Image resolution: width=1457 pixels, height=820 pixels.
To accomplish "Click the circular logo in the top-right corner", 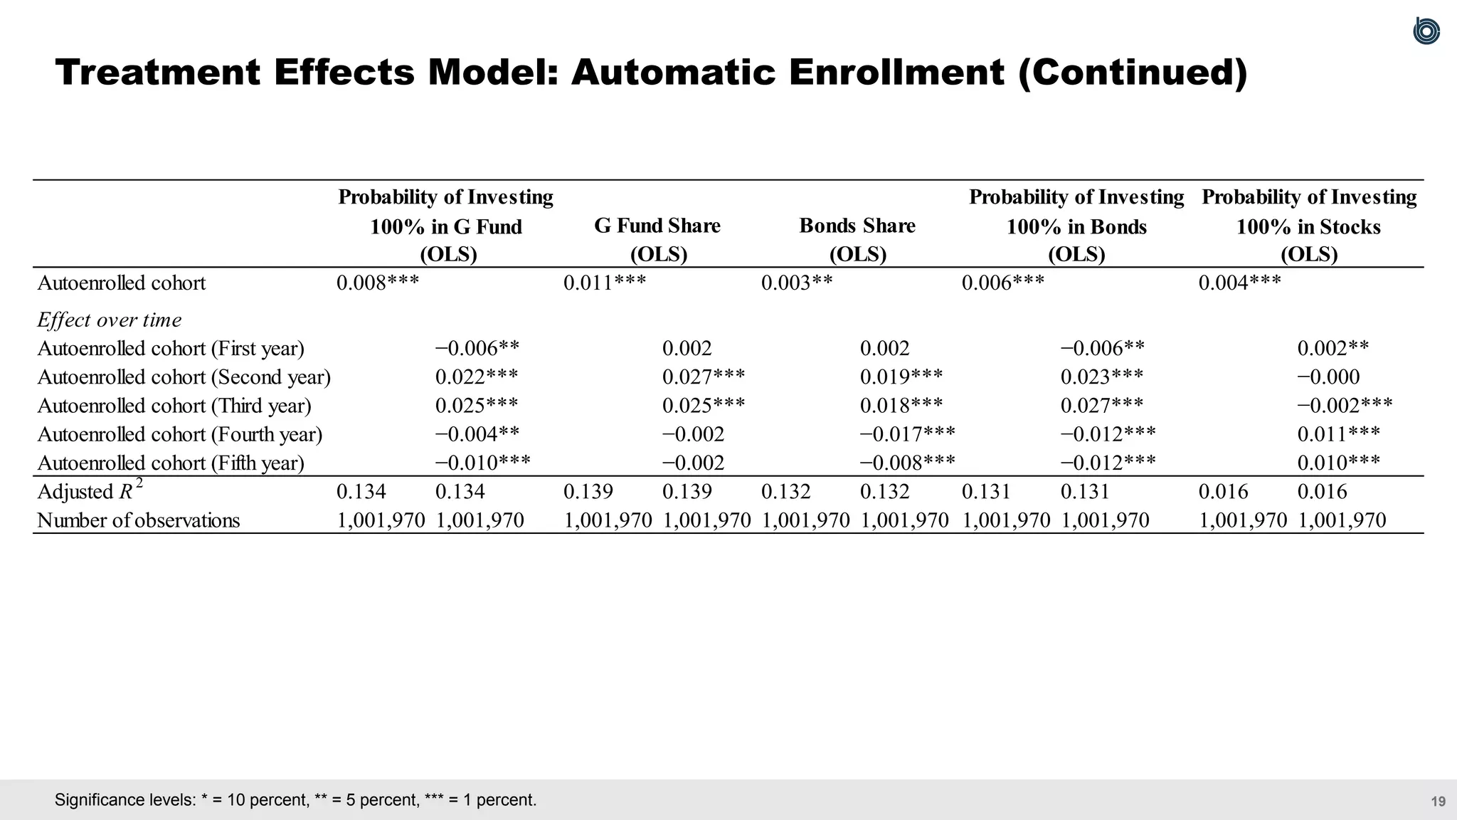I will click(x=1426, y=31).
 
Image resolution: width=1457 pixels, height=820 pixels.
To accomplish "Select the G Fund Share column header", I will click(x=657, y=226).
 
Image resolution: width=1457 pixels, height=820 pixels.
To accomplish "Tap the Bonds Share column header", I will click(x=857, y=226).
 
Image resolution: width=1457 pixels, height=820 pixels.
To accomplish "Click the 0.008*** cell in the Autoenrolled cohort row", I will click(x=378, y=283).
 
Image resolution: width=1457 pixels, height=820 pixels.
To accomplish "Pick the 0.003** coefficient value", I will click(x=797, y=283).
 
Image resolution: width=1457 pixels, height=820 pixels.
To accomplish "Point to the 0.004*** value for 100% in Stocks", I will click(x=1240, y=283).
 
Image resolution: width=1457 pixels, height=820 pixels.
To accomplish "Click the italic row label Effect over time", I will click(x=110, y=320).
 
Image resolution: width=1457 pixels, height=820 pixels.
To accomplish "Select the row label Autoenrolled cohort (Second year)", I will click(x=184, y=377).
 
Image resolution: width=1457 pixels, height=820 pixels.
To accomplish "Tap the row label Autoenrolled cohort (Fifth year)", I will click(x=171, y=463).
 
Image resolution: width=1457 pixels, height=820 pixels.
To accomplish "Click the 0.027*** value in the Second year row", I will click(x=704, y=377).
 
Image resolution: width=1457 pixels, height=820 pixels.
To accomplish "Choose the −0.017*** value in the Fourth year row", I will click(x=908, y=434).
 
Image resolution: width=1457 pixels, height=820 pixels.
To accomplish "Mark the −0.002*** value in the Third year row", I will click(x=1345, y=406).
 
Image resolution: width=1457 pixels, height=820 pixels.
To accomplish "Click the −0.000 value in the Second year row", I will click(x=1328, y=377).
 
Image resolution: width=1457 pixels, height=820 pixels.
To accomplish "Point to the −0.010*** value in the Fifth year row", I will click(x=483, y=463).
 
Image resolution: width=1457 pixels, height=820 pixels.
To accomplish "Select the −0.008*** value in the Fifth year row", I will click(x=908, y=463).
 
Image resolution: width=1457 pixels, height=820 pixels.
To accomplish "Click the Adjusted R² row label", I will click(x=90, y=491).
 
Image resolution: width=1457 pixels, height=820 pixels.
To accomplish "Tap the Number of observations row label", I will click(x=139, y=520).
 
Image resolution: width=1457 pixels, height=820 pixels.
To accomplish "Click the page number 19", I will click(x=1438, y=801).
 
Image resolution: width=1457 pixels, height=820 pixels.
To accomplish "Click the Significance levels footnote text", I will click(x=295, y=800).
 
